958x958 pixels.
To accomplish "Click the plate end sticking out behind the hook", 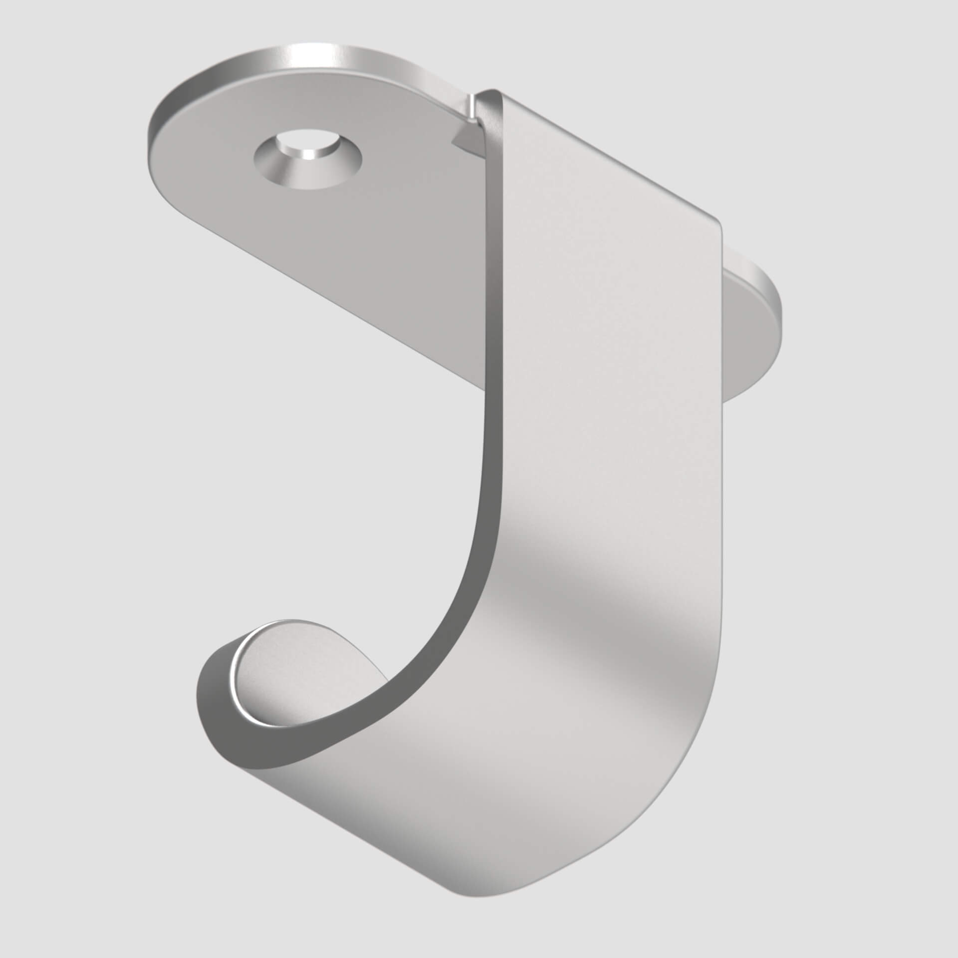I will [758, 319].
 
